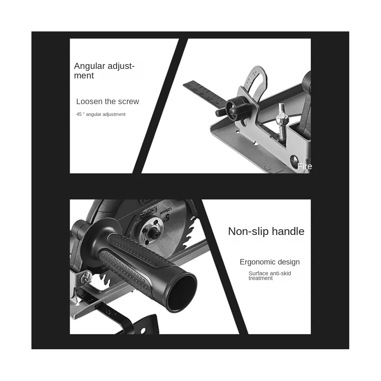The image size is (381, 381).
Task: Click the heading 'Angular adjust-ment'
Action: point(104,70)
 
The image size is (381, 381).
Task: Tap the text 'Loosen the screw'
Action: point(107,102)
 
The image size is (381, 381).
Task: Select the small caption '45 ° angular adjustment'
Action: point(101,114)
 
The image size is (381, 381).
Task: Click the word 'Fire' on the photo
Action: point(304,166)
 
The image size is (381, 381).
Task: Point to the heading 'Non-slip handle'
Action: point(266,231)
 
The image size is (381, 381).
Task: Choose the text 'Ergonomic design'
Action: point(270,262)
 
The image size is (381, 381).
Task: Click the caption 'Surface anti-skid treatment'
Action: point(270,276)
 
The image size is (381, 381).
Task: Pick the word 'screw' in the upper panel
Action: point(129,102)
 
